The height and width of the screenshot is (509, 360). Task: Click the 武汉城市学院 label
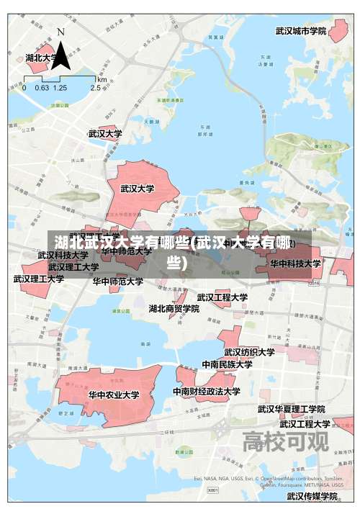pyautogui.click(x=301, y=32)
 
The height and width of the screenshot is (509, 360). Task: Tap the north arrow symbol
pyautogui.click(x=61, y=56)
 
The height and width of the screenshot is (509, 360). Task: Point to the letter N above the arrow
pyautogui.click(x=60, y=32)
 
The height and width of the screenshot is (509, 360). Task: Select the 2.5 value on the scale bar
pyautogui.click(x=96, y=87)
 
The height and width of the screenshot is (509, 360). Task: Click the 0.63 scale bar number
pyautogui.click(x=42, y=87)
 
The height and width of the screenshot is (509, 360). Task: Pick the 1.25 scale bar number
pyautogui.click(x=60, y=87)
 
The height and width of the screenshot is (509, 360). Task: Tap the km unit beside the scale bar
pyautogui.click(x=102, y=78)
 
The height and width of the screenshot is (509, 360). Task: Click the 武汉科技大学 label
pyautogui.click(x=63, y=255)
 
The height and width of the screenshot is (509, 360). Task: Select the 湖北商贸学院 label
pyautogui.click(x=174, y=308)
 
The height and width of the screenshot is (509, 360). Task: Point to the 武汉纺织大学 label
pyautogui.click(x=249, y=352)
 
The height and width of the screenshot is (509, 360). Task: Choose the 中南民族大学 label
pyautogui.click(x=227, y=364)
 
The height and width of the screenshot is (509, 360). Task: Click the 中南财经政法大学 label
pyautogui.click(x=207, y=392)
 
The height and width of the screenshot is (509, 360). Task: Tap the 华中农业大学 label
pyautogui.click(x=114, y=395)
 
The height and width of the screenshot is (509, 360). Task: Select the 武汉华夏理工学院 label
pyautogui.click(x=292, y=409)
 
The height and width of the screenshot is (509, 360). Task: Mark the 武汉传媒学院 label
pyautogui.click(x=312, y=496)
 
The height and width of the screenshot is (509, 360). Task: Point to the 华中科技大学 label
pyautogui.click(x=295, y=263)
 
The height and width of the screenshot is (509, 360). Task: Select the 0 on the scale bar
pyautogui.click(x=24, y=87)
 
